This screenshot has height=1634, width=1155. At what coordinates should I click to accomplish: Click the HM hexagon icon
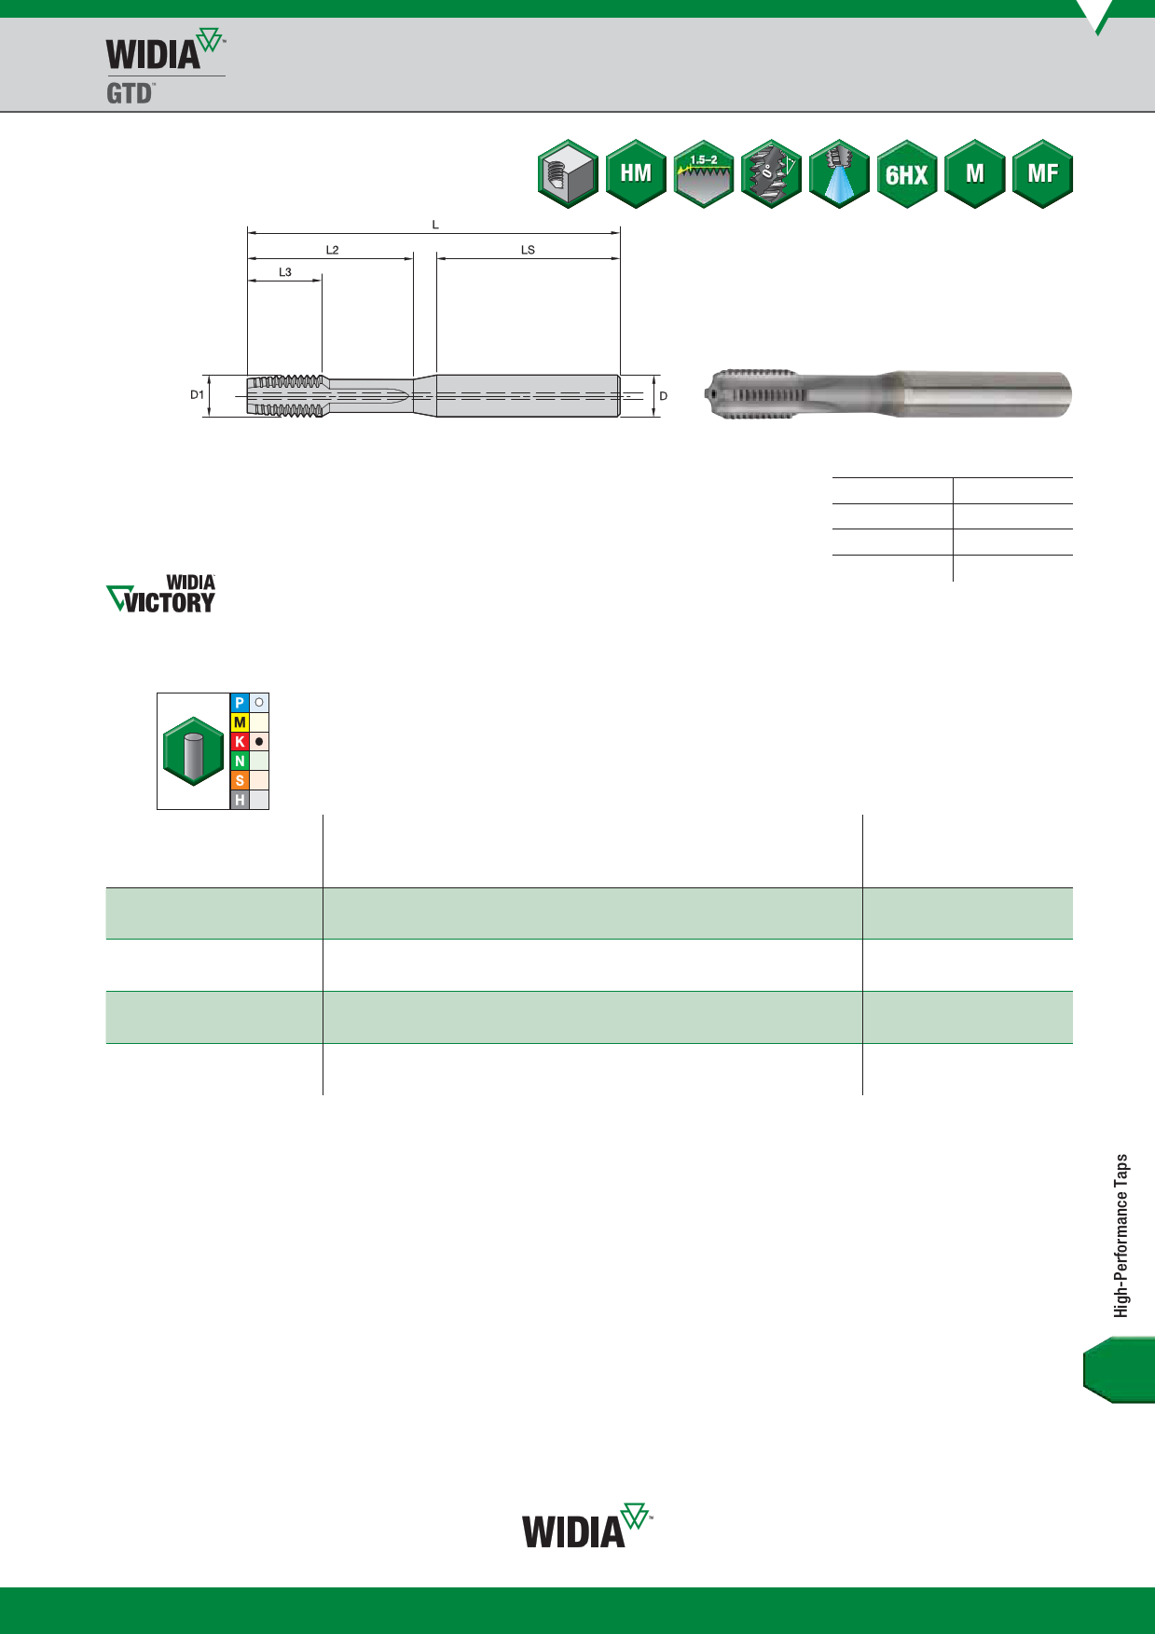coord(636,173)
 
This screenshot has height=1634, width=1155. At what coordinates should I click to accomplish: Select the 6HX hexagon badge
coord(907,173)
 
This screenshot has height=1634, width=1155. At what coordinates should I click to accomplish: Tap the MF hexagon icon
coord(1043,173)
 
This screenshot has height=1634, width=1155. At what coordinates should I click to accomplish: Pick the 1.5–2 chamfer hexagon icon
coord(704,173)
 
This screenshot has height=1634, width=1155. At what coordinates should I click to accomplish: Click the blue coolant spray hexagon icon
coord(839,173)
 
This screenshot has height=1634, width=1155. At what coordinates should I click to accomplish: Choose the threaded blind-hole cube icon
coord(568,173)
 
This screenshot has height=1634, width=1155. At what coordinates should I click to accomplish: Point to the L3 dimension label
coord(285,272)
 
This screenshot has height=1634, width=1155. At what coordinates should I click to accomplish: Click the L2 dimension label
coord(333,250)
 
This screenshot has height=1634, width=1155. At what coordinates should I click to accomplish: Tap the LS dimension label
coord(528,250)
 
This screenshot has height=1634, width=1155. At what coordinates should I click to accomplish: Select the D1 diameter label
coord(197,395)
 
